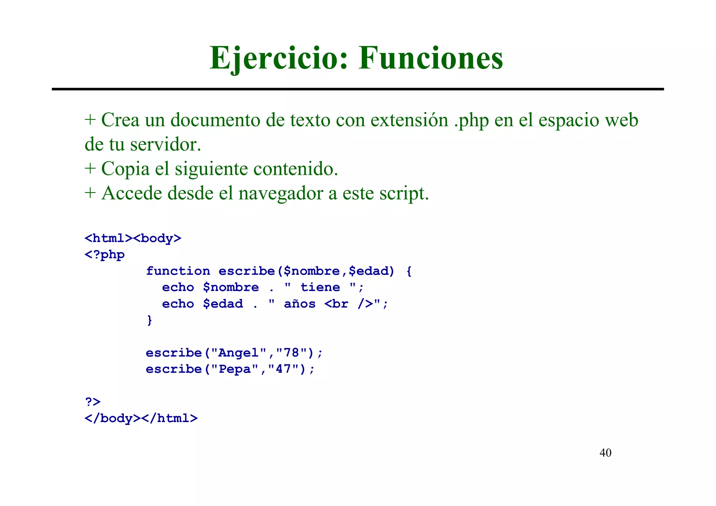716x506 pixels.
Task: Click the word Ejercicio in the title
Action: pos(278,58)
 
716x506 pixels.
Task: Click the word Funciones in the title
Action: pos(431,58)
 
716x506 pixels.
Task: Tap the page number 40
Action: pos(605,453)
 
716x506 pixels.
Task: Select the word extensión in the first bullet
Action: pos(409,120)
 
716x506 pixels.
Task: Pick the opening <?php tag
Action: pos(105,255)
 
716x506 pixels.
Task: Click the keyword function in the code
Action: pos(178,271)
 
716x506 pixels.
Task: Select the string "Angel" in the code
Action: pos(239,353)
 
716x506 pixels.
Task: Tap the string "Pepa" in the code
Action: pos(235,369)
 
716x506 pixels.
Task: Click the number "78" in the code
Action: pos(292,353)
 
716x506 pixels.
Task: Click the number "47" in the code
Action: pos(284,369)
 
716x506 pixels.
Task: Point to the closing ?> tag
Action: pos(93,402)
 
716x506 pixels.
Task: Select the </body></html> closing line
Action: pos(141,418)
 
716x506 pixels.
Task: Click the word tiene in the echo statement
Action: pos(320,287)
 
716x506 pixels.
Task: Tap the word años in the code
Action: pos(300,304)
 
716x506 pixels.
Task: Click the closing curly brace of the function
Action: pos(150,320)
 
